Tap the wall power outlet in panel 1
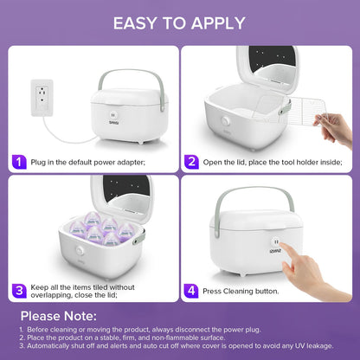coord(40,90)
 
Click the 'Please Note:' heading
coord(58,315)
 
